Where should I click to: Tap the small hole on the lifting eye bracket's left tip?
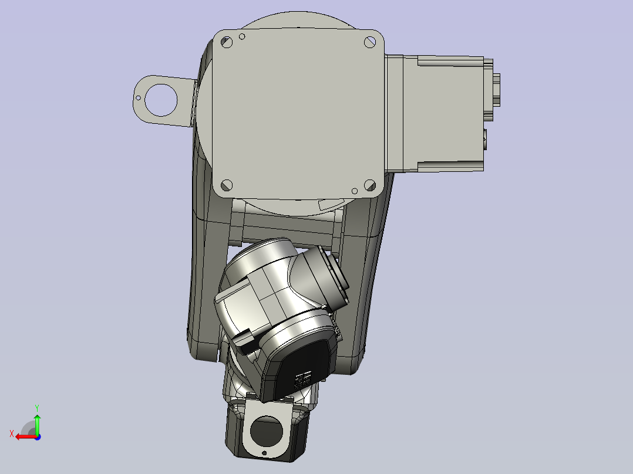click(139, 98)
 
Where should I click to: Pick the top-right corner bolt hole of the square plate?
click(369, 42)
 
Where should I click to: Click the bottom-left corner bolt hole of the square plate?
click(226, 185)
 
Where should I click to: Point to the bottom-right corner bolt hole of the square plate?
click(369, 185)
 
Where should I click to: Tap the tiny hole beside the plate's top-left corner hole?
click(242, 37)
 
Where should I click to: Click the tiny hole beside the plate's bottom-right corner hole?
click(354, 191)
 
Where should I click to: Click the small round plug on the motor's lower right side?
click(484, 138)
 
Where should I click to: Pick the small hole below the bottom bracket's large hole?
click(265, 453)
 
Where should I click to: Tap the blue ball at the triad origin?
click(37, 436)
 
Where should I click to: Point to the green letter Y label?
click(37, 407)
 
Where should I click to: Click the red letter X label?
click(11, 434)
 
